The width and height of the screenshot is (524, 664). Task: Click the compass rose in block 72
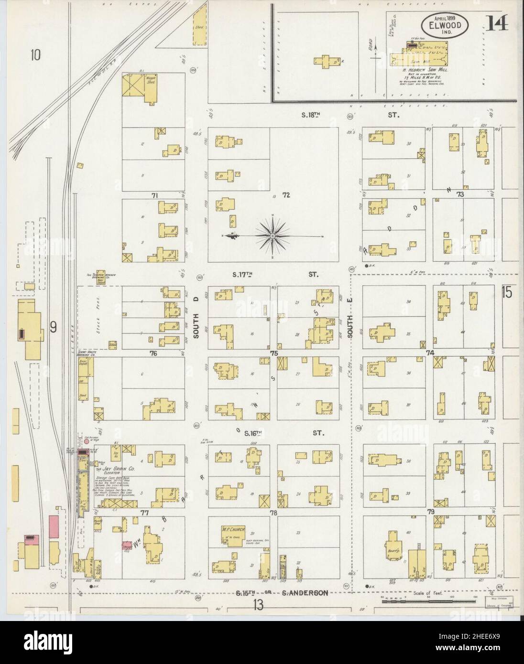click(272, 236)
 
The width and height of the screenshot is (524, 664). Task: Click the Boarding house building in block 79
click(394, 545)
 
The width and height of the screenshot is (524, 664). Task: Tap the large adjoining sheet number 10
click(35, 55)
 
